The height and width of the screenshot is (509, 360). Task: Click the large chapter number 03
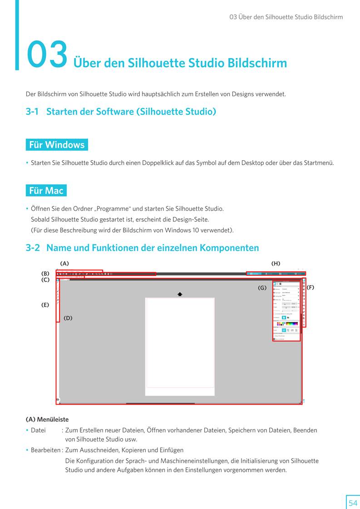click(x=47, y=54)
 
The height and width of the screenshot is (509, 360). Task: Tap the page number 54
click(x=353, y=503)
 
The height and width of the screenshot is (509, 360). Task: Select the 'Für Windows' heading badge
click(x=57, y=145)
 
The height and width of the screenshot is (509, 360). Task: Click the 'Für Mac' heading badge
click(x=46, y=191)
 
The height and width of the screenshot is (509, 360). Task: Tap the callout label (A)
click(x=64, y=264)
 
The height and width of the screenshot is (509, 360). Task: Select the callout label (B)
click(x=45, y=274)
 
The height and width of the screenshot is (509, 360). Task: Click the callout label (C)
click(x=45, y=280)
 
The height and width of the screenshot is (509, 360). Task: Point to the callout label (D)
click(x=68, y=318)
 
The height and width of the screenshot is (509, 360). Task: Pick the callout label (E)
click(x=45, y=305)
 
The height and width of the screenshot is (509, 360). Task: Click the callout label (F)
click(x=310, y=288)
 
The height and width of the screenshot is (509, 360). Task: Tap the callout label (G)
click(x=262, y=288)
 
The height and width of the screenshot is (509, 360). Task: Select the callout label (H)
click(x=276, y=264)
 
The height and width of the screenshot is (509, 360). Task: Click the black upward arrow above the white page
click(x=180, y=294)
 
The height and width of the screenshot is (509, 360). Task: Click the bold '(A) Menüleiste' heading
click(x=47, y=419)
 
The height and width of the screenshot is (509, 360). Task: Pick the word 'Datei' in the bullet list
click(x=38, y=430)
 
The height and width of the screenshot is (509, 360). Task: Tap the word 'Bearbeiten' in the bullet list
click(x=45, y=450)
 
